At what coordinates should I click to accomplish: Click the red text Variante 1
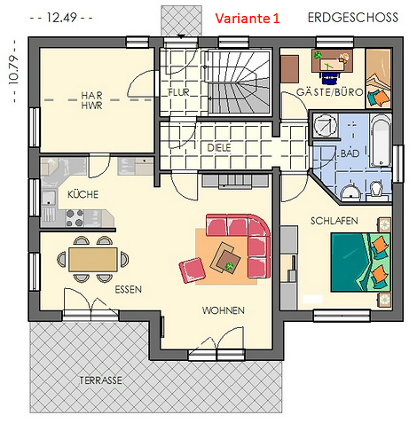point(248,19)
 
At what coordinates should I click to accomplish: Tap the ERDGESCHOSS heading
point(353,18)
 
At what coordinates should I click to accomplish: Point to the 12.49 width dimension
point(61,18)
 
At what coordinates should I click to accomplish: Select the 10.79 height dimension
point(14,71)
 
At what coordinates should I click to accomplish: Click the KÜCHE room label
point(83,194)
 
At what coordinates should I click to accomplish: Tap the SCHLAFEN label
point(334,221)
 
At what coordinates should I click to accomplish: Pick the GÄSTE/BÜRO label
point(329,92)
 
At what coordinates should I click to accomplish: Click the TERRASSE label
point(100,380)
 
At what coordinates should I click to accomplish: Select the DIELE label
point(219,148)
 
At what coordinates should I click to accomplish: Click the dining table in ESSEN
point(93,260)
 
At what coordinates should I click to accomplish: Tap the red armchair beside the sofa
point(193,270)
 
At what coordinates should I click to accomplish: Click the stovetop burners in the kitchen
point(75,218)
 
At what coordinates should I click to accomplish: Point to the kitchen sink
point(49,198)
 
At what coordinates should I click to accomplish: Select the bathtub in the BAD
point(381,140)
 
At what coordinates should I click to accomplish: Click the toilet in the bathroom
point(376,190)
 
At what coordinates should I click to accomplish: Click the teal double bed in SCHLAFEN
point(361,262)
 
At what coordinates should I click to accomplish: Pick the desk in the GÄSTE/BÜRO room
point(332,61)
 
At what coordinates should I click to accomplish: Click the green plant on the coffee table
point(229,266)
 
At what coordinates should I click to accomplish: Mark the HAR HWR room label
point(92,100)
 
